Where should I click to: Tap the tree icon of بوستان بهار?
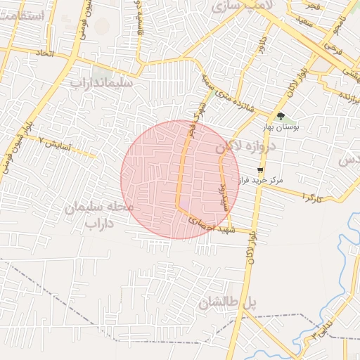pyautogui.click(x=281, y=117)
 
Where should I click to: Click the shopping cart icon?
pyautogui.click(x=260, y=170)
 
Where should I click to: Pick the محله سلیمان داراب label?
pyautogui.click(x=99, y=214)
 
